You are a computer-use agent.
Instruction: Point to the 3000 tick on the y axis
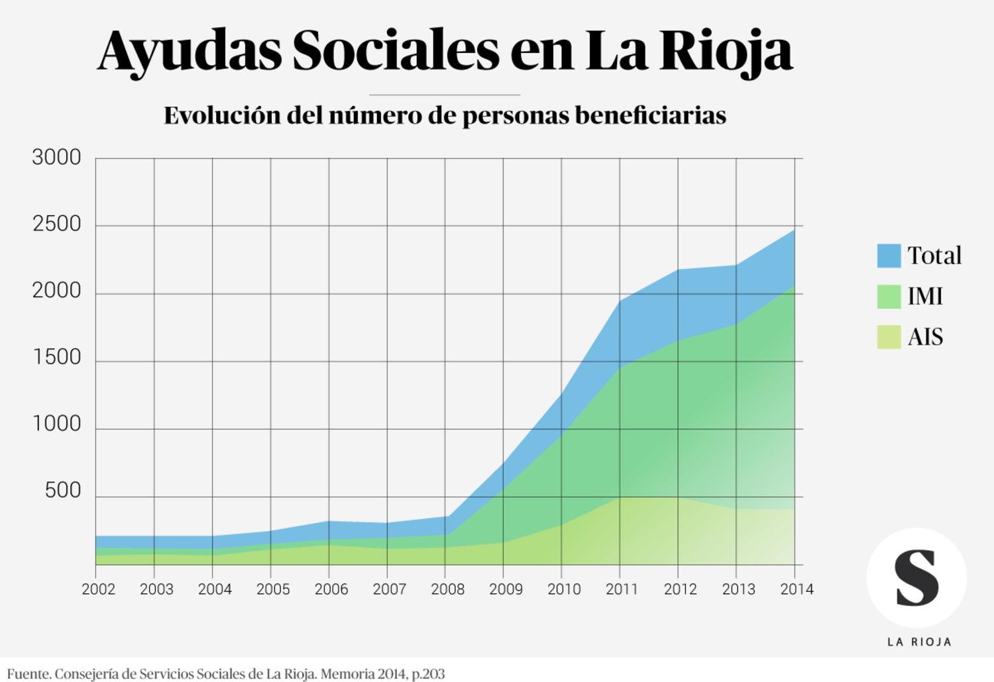(x=56, y=158)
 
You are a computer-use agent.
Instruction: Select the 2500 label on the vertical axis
(x=56, y=224)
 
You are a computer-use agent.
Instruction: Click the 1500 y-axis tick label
(x=56, y=358)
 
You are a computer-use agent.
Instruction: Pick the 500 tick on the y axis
(x=62, y=491)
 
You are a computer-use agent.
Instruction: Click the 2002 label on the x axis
(x=98, y=589)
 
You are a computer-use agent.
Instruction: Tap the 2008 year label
(x=447, y=589)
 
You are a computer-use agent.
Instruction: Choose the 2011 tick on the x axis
(x=622, y=589)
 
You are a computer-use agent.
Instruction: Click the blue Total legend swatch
(x=889, y=256)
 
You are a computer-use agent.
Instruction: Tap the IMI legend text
(x=925, y=296)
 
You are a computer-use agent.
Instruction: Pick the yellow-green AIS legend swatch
(x=889, y=337)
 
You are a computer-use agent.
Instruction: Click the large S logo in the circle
(x=916, y=578)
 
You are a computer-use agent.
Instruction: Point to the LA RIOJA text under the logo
(x=919, y=642)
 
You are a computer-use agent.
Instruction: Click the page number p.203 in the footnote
(x=428, y=674)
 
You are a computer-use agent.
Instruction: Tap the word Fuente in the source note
(x=28, y=674)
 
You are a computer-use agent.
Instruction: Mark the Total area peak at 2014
(x=794, y=230)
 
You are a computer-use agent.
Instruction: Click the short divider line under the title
(x=444, y=95)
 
